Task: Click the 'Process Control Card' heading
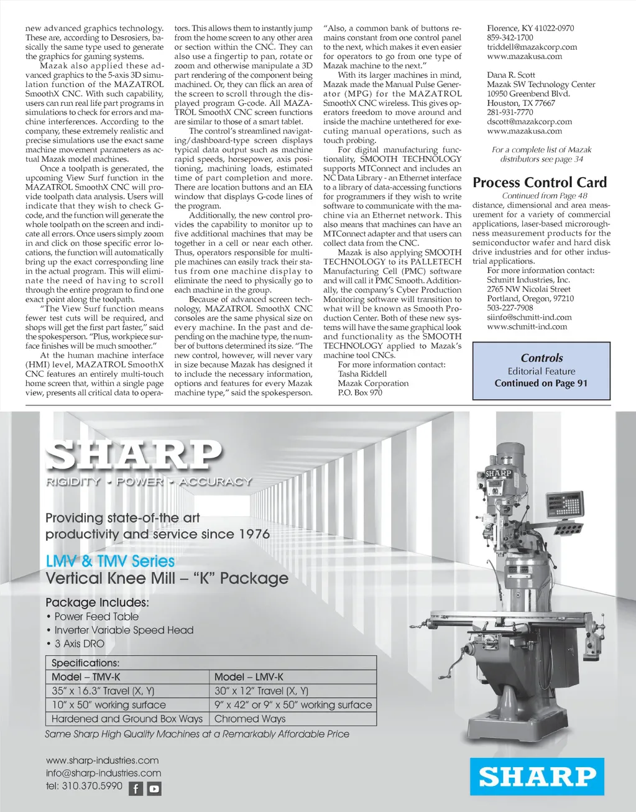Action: (540, 183)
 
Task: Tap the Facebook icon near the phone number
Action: (136, 789)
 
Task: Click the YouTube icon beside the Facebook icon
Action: (154, 789)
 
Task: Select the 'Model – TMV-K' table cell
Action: (86, 677)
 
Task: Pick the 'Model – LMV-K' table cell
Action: (249, 677)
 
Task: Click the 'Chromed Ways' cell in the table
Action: (250, 719)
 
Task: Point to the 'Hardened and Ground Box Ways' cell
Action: (127, 719)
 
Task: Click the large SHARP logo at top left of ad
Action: (133, 456)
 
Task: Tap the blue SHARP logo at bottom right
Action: (537, 777)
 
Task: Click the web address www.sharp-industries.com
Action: (102, 760)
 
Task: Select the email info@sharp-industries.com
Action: (103, 773)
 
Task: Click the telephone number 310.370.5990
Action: (85, 786)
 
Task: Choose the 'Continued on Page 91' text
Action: (541, 384)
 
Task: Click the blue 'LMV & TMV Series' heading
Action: (110, 561)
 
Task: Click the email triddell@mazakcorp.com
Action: (532, 47)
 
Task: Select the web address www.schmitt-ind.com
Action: (527, 326)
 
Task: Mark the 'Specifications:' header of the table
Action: (85, 663)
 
